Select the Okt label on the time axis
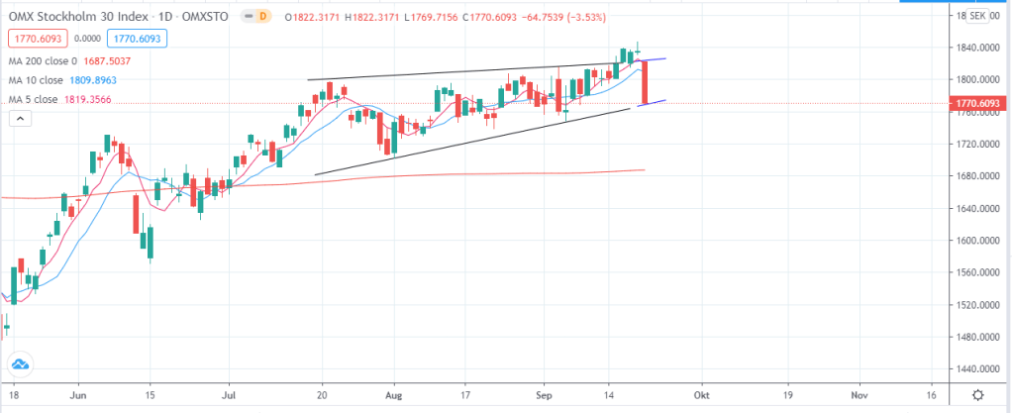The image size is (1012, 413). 702,393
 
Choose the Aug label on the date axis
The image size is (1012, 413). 393,393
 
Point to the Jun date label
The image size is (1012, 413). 80,393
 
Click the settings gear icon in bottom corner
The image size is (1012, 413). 977,393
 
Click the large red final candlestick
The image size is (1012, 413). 645,81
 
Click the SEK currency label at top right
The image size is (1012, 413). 977,16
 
